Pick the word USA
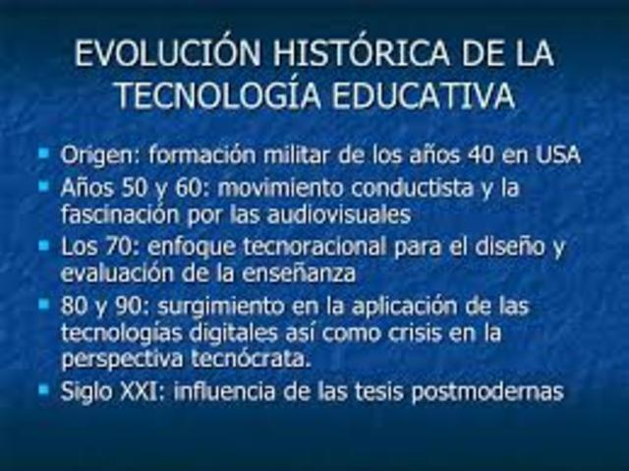(557, 155)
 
